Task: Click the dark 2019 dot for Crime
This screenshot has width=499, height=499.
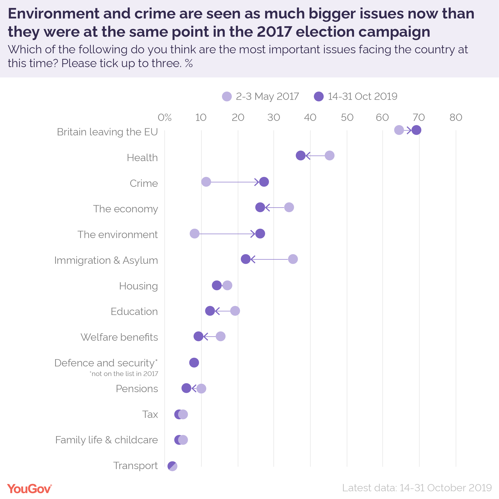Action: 264,182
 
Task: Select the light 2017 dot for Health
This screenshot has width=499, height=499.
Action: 329,155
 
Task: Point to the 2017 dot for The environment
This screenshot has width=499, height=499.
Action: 195,234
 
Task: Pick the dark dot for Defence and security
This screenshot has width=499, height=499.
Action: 194,363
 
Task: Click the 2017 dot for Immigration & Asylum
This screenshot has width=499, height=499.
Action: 293,259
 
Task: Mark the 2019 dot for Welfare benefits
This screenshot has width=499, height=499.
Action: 198,336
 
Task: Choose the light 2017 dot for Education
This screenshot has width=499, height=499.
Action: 235,311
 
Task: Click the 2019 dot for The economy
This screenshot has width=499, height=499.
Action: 260,207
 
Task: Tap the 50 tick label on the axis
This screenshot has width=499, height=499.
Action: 347,118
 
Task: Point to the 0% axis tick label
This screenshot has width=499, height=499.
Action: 165,118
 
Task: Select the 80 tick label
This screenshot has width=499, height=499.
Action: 456,118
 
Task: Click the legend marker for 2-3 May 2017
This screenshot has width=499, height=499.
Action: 227,96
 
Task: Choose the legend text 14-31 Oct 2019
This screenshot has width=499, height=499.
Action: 362,96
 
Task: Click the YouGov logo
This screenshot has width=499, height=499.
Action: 29,489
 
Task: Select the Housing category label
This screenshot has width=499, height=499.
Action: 138,286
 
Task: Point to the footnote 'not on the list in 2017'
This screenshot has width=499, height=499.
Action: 124,374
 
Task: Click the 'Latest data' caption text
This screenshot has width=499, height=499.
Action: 417,488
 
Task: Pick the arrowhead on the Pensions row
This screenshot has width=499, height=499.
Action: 193,388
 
